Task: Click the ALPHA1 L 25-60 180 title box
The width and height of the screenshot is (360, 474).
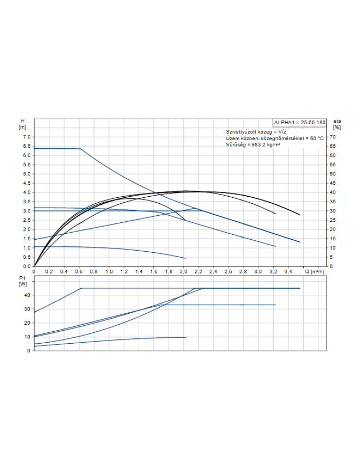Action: click(x=299, y=122)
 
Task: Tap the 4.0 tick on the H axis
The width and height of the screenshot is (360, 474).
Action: click(x=26, y=192)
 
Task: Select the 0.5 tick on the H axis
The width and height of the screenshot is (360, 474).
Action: click(x=26, y=257)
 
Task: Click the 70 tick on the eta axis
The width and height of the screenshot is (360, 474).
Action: click(x=333, y=137)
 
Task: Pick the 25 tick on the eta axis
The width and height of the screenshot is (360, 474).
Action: click(x=333, y=220)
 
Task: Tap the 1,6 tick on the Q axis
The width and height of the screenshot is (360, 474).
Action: click(x=153, y=272)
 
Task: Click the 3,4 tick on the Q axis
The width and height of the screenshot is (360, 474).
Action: click(x=288, y=272)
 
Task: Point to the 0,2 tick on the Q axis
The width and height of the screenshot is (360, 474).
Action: click(x=49, y=272)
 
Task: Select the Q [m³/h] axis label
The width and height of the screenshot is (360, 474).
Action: click(x=314, y=272)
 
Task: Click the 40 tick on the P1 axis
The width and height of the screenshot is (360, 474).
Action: click(x=27, y=295)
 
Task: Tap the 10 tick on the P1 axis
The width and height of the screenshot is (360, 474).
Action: click(x=27, y=337)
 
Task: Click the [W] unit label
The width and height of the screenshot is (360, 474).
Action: click(x=22, y=283)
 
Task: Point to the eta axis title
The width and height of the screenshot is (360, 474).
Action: click(x=337, y=121)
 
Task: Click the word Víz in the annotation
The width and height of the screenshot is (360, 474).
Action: click(x=282, y=131)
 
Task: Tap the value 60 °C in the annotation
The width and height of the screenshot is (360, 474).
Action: click(x=317, y=137)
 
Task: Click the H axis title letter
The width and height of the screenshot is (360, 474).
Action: click(x=22, y=121)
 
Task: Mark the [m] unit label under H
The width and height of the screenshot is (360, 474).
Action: click(x=22, y=127)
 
